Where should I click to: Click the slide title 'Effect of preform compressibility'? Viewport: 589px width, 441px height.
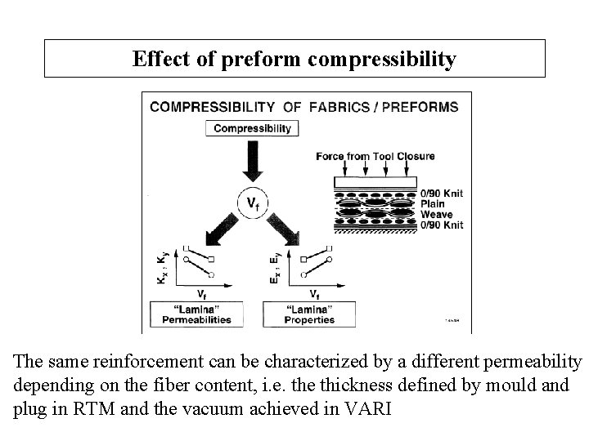pos(294,59)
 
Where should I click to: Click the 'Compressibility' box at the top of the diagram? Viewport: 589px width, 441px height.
pos(252,128)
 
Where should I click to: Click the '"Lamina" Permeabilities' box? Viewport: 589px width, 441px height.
pos(201,314)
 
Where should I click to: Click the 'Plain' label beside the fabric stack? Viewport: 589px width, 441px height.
pos(431,204)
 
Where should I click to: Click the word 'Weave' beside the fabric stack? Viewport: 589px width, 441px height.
pos(435,214)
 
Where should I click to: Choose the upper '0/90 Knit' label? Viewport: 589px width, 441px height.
pos(441,194)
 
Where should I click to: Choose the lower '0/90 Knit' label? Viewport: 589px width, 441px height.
pos(441,225)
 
